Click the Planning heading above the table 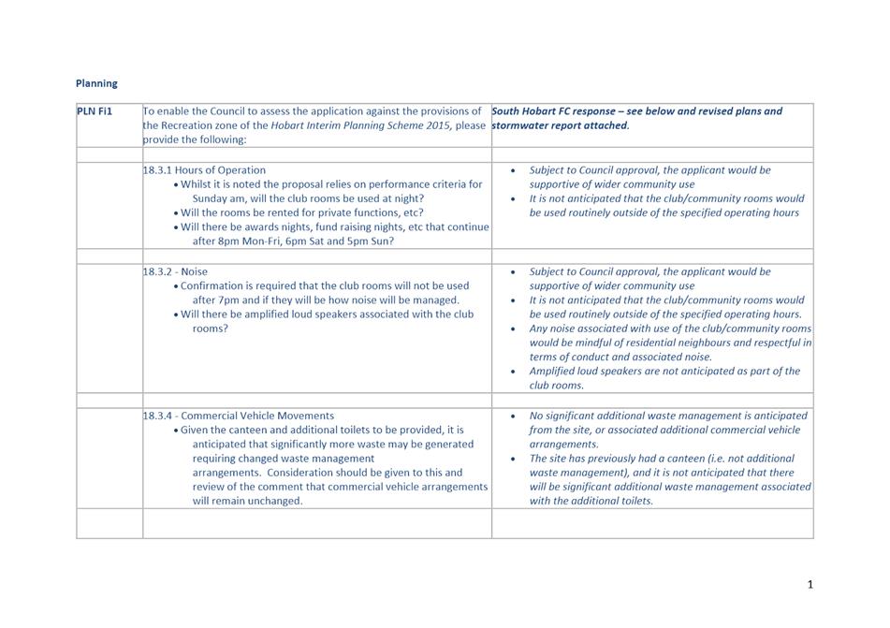[x=96, y=83]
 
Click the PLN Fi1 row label [x=95, y=111]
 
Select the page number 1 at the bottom [x=810, y=585]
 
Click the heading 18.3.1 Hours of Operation [x=204, y=170]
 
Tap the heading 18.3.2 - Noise [x=175, y=271]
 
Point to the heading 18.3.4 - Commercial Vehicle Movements [x=238, y=416]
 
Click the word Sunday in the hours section [x=212, y=198]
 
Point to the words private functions [x=353, y=212]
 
